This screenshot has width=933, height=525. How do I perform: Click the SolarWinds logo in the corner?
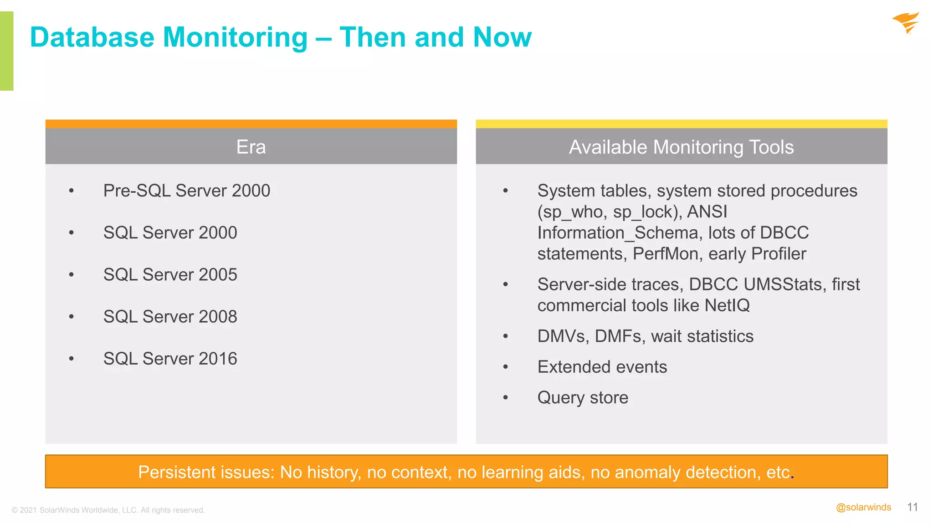pos(906,23)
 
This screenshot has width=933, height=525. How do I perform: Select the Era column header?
pos(251,147)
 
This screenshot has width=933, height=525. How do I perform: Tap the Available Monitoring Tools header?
pos(681,147)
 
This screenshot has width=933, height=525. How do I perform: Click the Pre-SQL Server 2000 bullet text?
pos(186,190)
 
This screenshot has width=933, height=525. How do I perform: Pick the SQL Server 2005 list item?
pos(170,274)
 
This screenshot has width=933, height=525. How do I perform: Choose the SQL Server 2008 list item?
pos(170,316)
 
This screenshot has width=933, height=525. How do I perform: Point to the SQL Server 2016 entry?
pos(170,359)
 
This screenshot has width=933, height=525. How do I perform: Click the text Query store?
pos(583,397)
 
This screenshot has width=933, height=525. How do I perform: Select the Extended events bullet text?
pos(602,367)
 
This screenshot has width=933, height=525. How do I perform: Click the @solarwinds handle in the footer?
pos(863,507)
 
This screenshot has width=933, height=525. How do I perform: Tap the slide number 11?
pos(912,507)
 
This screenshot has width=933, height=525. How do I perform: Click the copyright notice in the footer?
pos(108,510)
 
